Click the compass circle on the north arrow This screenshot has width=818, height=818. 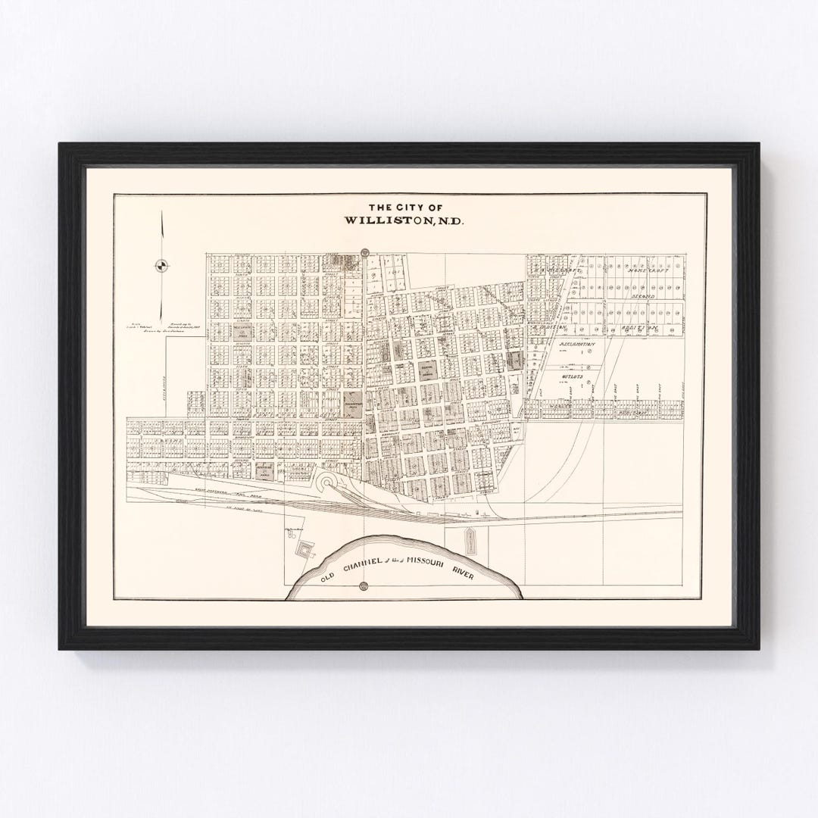click(x=162, y=265)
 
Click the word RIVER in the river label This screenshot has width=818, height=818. click(x=464, y=571)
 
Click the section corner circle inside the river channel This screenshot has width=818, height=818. click(x=364, y=585)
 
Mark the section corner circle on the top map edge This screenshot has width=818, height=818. click(x=364, y=251)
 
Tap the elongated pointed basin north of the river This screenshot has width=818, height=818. click(x=470, y=539)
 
